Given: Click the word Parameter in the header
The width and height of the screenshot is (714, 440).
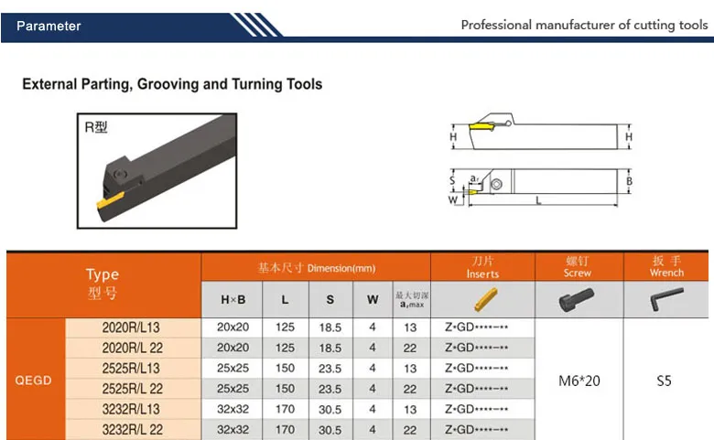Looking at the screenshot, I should [49, 26].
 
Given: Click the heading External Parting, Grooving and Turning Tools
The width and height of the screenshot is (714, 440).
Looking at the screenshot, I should [172, 84].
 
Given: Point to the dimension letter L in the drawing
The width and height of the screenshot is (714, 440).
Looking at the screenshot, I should [537, 199].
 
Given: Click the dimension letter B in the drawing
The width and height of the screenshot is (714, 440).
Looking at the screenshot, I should [629, 181].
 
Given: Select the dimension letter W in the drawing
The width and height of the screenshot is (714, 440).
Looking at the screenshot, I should [452, 199].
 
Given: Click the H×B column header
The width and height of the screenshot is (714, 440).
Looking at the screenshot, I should [233, 299].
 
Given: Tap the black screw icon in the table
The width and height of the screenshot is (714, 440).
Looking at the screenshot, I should [577, 299].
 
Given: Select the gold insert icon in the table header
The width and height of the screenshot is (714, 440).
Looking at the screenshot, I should [482, 299].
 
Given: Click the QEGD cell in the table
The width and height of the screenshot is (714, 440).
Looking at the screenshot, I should [34, 379].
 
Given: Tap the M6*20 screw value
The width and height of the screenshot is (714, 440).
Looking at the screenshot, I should [579, 380].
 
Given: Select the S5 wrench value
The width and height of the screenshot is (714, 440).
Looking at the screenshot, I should [665, 380].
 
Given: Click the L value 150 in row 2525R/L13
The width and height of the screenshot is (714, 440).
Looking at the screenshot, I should [285, 368].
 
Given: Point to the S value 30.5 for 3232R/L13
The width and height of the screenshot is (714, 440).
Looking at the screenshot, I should [330, 409].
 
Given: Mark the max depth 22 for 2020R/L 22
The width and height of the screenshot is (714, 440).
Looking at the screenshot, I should [409, 348].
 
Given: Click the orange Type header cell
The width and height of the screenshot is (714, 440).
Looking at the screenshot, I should [103, 283].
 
